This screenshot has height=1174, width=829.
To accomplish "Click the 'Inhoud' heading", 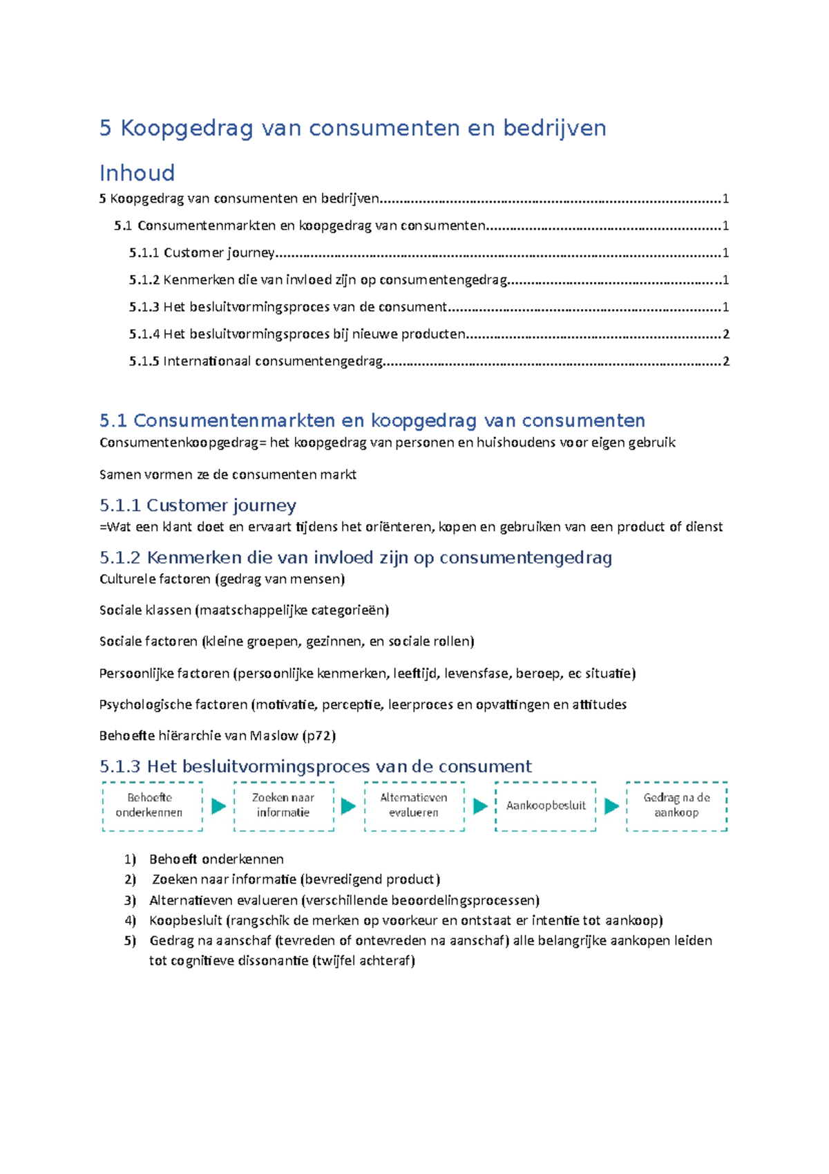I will pyautogui.click(x=137, y=173).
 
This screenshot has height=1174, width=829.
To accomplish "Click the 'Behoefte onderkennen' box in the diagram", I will pyautogui.click(x=152, y=805).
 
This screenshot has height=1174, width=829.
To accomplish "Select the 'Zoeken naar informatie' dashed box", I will pyautogui.click(x=283, y=805).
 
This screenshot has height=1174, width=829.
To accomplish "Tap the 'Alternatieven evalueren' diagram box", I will pyautogui.click(x=414, y=805).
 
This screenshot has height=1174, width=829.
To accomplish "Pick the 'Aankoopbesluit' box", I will pyautogui.click(x=546, y=805).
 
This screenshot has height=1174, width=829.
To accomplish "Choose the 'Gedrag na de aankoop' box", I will pyautogui.click(x=676, y=805).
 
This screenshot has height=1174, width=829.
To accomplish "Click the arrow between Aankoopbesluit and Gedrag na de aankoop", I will pyautogui.click(x=611, y=806).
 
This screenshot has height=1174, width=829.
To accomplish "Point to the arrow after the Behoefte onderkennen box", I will pyautogui.click(x=218, y=806).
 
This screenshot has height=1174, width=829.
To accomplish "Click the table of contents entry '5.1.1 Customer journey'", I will pyautogui.click(x=202, y=253).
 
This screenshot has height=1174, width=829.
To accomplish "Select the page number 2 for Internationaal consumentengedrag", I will pyautogui.click(x=725, y=362).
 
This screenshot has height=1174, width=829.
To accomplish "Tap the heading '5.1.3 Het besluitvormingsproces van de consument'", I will pyautogui.click(x=316, y=766).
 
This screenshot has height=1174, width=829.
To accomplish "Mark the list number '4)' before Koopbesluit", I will pyautogui.click(x=131, y=920).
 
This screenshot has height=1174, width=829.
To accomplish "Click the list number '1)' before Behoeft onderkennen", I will pyautogui.click(x=131, y=859).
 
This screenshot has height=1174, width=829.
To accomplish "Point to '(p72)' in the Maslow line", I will pyautogui.click(x=319, y=736).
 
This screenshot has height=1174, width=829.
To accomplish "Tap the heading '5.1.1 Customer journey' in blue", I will pyautogui.click(x=198, y=505).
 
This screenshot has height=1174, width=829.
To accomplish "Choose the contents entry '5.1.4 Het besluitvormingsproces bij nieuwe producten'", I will pyautogui.click(x=297, y=335).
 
